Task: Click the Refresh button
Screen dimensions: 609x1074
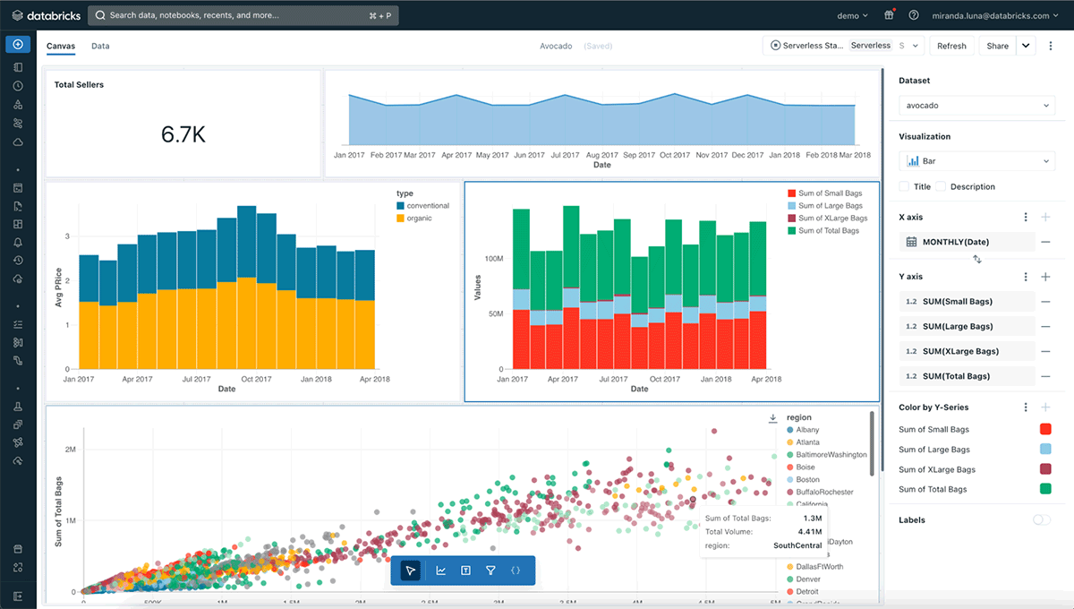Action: (951, 46)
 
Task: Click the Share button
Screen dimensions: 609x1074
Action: (997, 46)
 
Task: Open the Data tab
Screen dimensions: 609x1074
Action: (100, 46)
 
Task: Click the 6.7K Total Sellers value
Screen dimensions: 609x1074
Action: (183, 134)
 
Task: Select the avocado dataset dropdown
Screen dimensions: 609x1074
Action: (976, 106)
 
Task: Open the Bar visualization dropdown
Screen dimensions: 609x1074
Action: (976, 161)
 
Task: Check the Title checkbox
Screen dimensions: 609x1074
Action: (904, 186)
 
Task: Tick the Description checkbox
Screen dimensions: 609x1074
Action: (941, 186)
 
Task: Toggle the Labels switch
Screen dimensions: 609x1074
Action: (1041, 519)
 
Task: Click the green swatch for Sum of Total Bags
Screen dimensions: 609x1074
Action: (1045, 489)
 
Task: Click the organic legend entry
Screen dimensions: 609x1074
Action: (419, 219)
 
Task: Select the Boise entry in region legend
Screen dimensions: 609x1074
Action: (805, 467)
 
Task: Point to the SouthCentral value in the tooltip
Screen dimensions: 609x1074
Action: (797, 545)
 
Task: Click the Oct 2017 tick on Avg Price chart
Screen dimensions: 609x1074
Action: (256, 379)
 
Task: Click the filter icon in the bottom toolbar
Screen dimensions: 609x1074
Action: (490, 570)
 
